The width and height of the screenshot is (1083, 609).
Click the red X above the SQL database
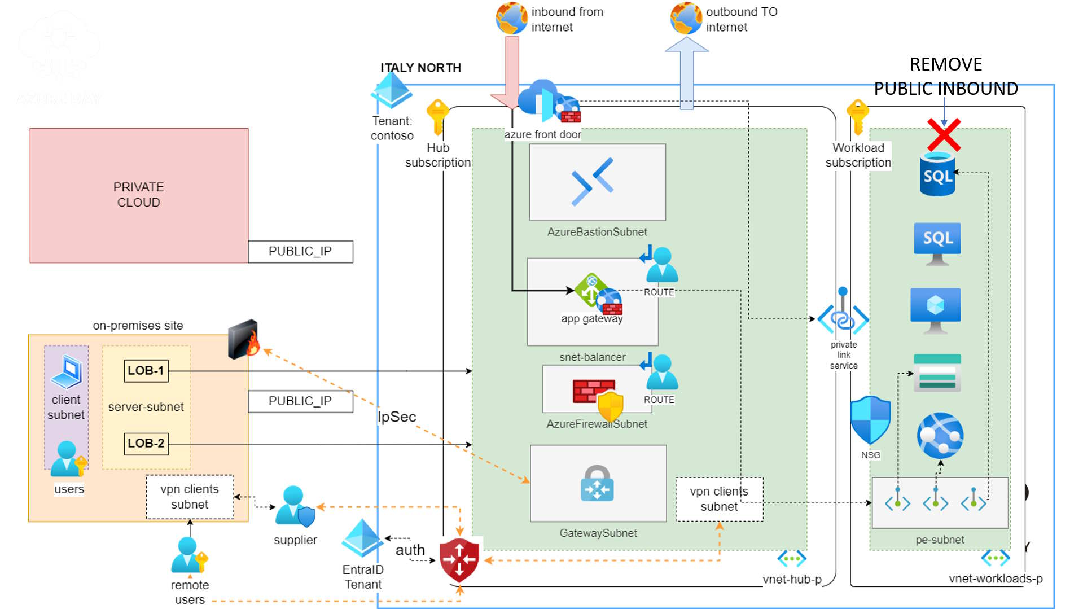[x=944, y=134]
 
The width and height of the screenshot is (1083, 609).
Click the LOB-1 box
[x=146, y=371]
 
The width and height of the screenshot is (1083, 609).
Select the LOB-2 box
[x=146, y=444]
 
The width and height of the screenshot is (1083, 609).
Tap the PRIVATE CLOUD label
[x=138, y=195]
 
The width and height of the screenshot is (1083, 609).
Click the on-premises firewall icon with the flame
[x=244, y=339]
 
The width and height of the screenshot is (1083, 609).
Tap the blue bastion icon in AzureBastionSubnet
[x=593, y=181]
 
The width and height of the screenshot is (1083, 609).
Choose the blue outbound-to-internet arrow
[x=686, y=73]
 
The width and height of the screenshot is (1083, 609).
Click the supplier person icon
[x=293, y=506]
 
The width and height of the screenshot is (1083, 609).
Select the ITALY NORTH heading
[x=420, y=68]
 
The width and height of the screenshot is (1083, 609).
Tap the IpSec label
[x=397, y=417]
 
